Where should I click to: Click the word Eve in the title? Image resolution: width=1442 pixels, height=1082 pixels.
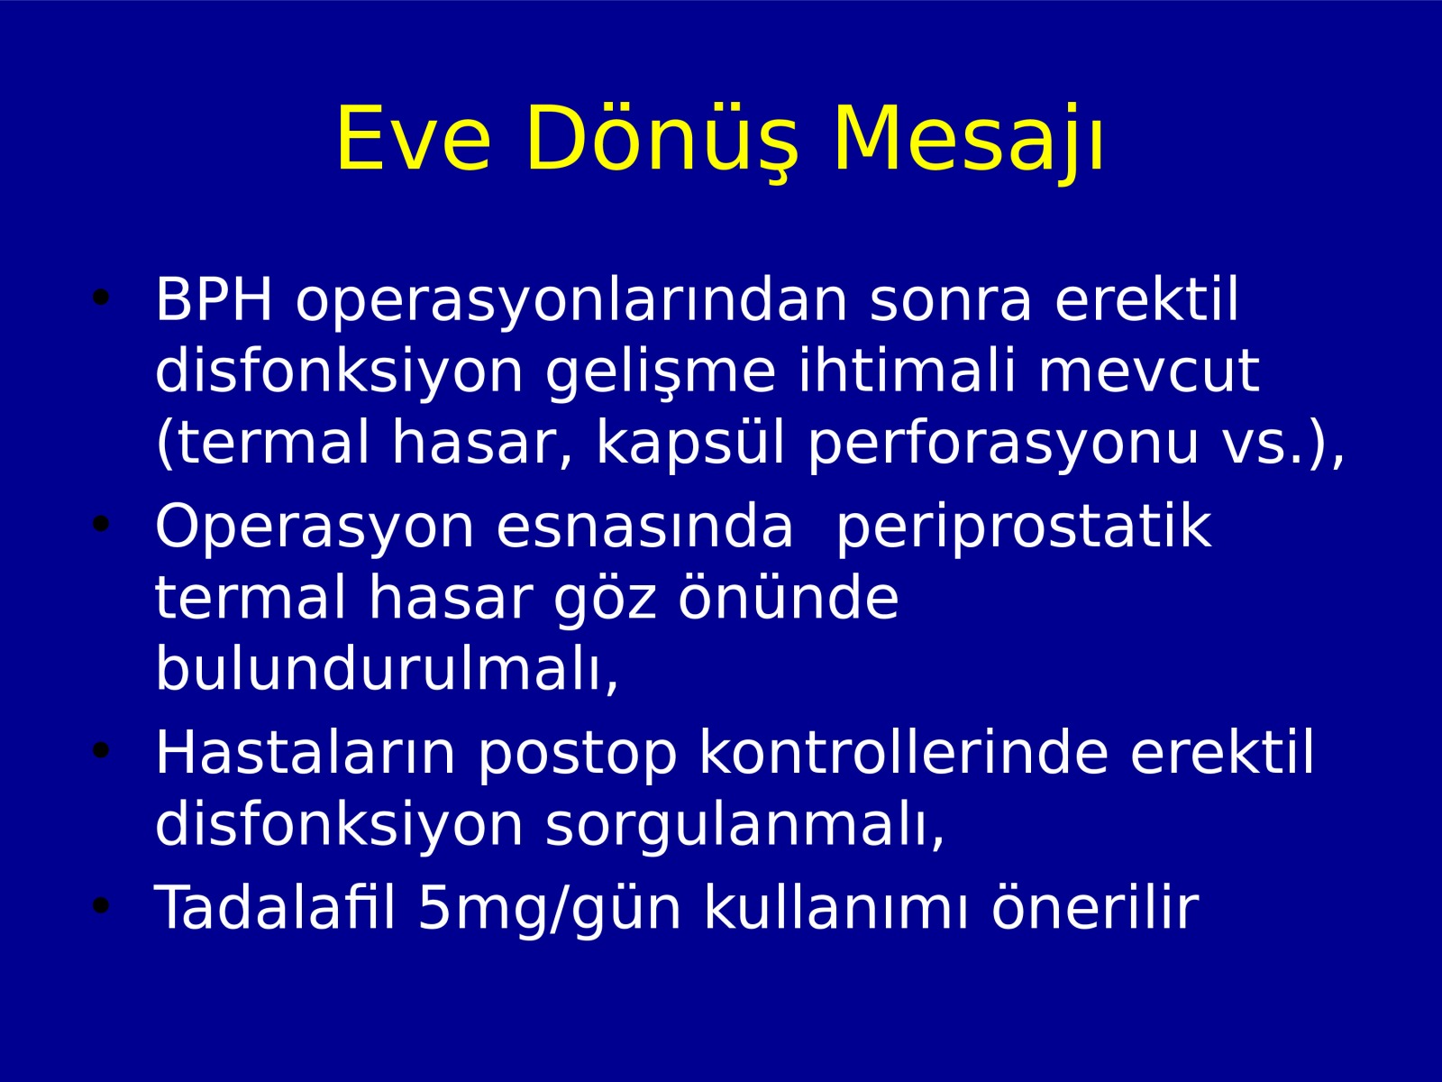pyautogui.click(x=414, y=140)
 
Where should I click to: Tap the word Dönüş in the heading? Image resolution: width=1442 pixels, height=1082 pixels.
pyautogui.click(x=662, y=140)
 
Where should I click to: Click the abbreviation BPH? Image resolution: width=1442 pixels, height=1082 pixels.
pyautogui.click(x=213, y=299)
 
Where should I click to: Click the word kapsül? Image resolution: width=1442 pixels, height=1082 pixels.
pyautogui.click(x=689, y=445)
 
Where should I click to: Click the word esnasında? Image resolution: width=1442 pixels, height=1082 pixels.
pyautogui.click(x=644, y=529)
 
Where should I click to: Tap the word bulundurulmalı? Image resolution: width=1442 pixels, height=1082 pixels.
pyautogui.click(x=387, y=670)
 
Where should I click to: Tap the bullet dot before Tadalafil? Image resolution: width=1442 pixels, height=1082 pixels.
pyautogui.click(x=101, y=906)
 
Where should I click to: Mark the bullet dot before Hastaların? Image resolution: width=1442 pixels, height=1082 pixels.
pyautogui.click(x=101, y=750)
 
